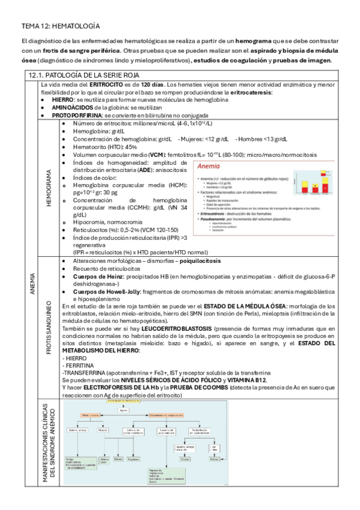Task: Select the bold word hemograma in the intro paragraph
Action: (x=253, y=40)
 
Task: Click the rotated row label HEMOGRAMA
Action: (x=48, y=188)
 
